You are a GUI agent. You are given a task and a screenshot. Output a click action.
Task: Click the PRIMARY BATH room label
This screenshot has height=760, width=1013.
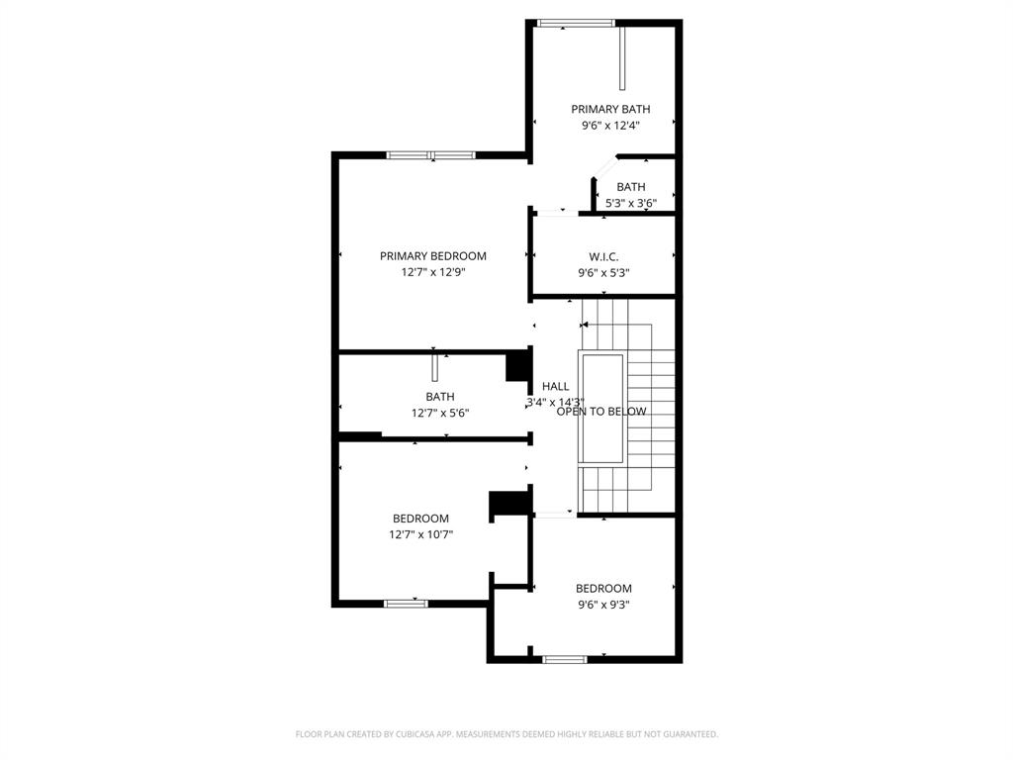point(610,109)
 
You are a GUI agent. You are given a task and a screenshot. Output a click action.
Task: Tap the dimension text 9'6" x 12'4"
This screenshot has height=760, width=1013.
point(610,126)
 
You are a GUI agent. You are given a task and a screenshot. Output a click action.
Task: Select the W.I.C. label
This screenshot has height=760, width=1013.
point(603,256)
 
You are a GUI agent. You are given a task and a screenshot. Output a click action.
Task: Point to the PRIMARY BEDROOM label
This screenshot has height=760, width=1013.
point(433,255)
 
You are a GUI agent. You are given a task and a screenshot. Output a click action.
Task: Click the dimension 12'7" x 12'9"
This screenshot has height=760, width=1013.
point(433,271)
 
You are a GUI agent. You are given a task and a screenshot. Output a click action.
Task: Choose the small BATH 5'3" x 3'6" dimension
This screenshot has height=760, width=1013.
point(631,203)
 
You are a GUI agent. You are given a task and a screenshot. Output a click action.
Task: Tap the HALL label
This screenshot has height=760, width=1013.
point(555,386)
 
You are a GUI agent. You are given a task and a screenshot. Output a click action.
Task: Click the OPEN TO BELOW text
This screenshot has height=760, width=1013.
point(601,412)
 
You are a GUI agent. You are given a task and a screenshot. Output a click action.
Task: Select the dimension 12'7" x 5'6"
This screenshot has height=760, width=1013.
point(440,413)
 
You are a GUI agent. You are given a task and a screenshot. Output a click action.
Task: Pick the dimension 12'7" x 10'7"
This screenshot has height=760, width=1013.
point(420,534)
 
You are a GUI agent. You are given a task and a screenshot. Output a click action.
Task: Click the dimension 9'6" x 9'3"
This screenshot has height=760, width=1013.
point(603,605)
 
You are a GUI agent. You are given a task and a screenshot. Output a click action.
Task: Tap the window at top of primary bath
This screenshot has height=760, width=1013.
point(575,23)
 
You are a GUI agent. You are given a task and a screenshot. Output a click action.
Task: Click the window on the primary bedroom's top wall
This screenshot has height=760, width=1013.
point(430,154)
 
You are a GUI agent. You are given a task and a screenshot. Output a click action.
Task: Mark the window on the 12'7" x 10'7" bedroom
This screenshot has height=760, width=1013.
point(406,603)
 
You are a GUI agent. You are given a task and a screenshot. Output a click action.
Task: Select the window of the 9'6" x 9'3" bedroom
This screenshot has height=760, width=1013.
point(565,659)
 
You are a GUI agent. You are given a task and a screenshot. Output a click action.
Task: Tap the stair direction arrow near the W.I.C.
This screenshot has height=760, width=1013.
point(586,324)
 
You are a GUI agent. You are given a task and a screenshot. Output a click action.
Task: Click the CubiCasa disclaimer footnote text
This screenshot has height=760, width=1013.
point(506,734)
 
